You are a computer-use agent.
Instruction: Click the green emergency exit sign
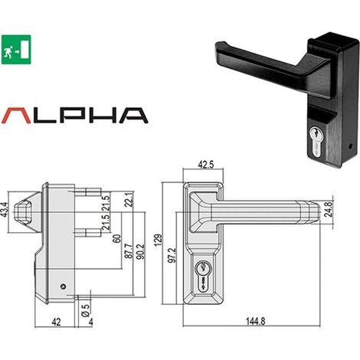pyautogui.click(x=16, y=50)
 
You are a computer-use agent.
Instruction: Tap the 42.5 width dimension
pyautogui.click(x=206, y=165)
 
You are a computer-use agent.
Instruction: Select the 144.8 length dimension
pyautogui.click(x=255, y=321)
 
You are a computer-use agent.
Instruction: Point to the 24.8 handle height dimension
pyautogui.click(x=328, y=209)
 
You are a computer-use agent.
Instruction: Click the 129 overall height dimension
pyautogui.click(x=159, y=240)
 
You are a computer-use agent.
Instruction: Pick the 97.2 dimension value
pyautogui.click(x=172, y=255)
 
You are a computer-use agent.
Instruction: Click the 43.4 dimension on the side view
pyautogui.click(x=5, y=210)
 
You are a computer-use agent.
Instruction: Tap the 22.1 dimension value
pyautogui.click(x=129, y=199)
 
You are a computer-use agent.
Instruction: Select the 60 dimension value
pyautogui.click(x=116, y=238)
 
